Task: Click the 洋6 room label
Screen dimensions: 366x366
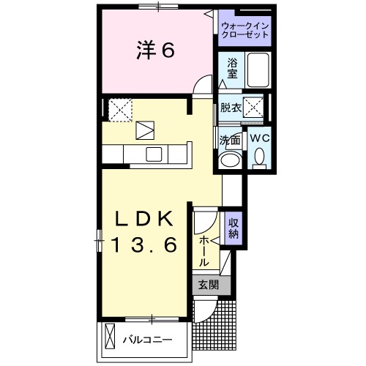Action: (155, 51)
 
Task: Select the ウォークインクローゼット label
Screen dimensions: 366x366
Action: (245, 30)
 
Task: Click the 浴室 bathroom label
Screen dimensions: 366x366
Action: (232, 69)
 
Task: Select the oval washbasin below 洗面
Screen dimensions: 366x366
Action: (230, 160)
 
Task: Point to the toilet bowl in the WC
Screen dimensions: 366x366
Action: (259, 157)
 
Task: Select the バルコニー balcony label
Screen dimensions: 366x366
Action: (146, 340)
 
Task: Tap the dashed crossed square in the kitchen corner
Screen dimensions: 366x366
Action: (118, 109)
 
